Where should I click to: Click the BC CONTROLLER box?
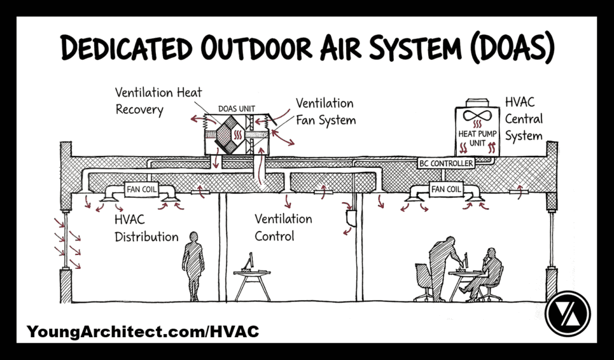[446, 163]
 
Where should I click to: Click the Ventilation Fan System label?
[326, 112]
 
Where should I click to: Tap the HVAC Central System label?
[523, 119]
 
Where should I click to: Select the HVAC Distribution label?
[146, 229]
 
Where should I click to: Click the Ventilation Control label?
[283, 227]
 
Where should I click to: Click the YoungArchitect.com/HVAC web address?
[143, 331]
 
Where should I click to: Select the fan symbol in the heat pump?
[473, 117]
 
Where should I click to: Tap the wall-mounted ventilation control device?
[351, 216]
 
